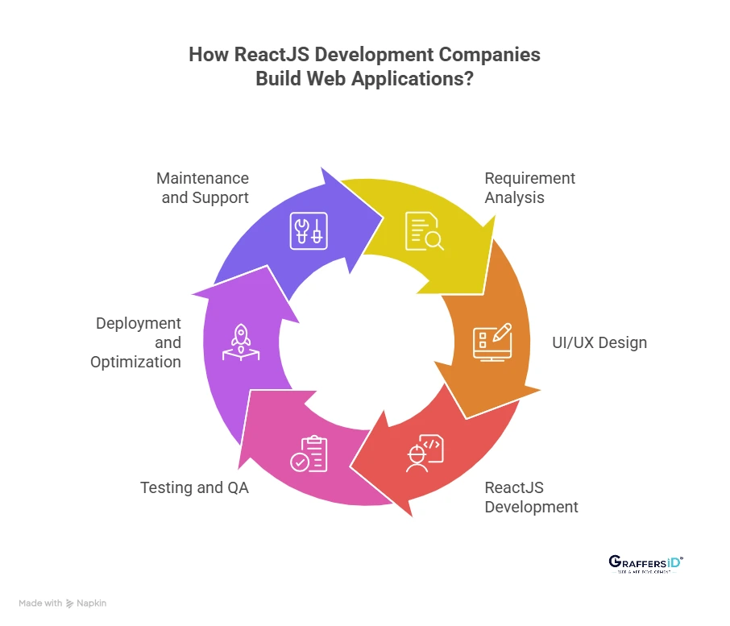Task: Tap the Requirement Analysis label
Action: [x=529, y=188]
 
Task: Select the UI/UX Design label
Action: [x=599, y=342]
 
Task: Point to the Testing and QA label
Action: [x=194, y=487]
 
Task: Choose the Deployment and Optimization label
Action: [x=136, y=342]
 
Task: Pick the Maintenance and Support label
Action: [x=203, y=188]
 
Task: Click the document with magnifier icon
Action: [x=424, y=231]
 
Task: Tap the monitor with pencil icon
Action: [x=492, y=342]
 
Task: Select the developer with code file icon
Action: [x=425, y=454]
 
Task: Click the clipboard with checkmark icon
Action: [x=309, y=454]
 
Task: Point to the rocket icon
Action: [x=240, y=342]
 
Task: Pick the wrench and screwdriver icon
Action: [x=309, y=231]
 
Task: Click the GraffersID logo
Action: [x=644, y=564]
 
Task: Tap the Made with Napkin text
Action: [x=63, y=603]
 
